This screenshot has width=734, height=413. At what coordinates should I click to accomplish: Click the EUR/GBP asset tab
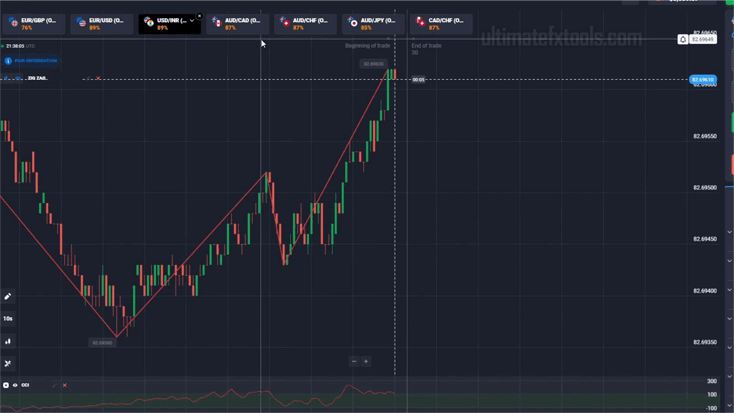[x=33, y=23]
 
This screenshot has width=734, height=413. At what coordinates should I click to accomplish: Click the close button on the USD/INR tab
[x=199, y=16]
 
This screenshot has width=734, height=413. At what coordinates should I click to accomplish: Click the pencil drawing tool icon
[x=8, y=296]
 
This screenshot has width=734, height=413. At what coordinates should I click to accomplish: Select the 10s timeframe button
[x=8, y=318]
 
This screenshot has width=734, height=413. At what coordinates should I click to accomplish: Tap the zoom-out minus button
[x=354, y=361]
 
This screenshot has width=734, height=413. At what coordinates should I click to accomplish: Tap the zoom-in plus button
[x=366, y=361]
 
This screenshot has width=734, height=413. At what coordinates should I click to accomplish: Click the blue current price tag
[x=702, y=79]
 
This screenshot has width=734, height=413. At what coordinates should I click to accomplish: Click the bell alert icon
[x=682, y=40]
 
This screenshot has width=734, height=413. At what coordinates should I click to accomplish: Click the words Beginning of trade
[x=367, y=46]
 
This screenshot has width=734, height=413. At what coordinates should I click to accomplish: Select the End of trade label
[x=426, y=46]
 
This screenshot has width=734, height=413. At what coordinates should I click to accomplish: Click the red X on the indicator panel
[x=65, y=385]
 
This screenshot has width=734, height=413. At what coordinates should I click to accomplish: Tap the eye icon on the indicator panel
[x=15, y=385]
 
